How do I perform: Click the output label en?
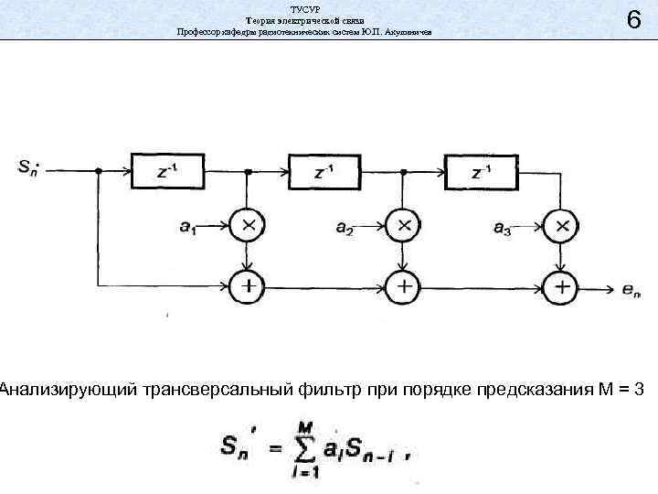(631, 290)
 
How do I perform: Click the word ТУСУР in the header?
(303, 7)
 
